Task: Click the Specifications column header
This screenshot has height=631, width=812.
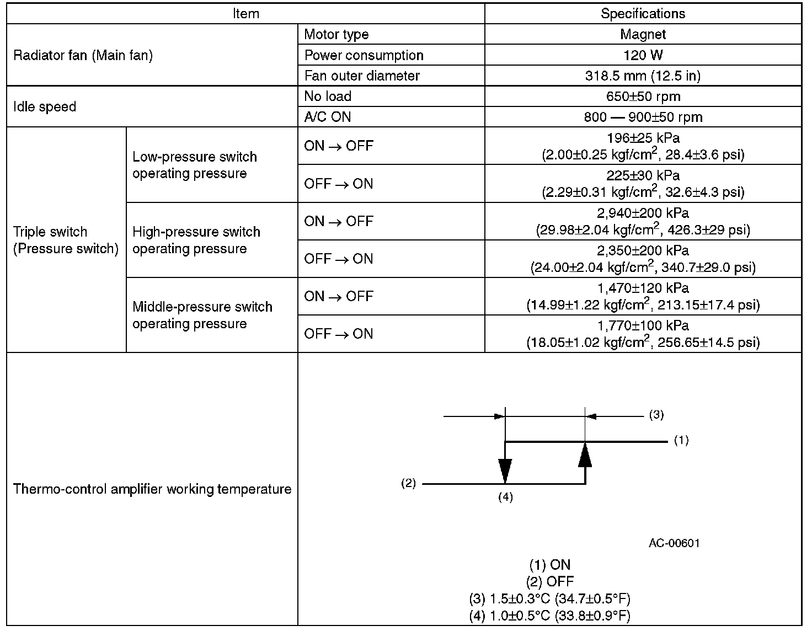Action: (643, 14)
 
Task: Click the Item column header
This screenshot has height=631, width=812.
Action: (245, 14)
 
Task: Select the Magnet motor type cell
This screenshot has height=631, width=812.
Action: (643, 34)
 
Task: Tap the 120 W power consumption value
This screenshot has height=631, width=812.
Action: (643, 55)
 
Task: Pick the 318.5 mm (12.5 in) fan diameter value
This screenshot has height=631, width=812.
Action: (643, 76)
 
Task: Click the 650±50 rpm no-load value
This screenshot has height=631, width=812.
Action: (643, 97)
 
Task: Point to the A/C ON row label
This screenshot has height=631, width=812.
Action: (328, 117)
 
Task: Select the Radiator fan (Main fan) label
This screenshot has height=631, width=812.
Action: (83, 55)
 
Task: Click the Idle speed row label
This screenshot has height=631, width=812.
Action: (45, 106)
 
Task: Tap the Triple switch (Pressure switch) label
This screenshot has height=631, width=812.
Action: (66, 240)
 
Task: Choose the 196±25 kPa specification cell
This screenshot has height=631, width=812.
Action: (643, 146)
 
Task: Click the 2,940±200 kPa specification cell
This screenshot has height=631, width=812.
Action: (643, 221)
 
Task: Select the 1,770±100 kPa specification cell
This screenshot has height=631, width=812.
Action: (643, 334)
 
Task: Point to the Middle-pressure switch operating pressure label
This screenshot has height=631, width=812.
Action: (202, 315)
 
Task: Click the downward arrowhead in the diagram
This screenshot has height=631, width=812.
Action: (505, 471)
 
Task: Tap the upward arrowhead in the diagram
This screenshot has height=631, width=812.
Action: (585, 455)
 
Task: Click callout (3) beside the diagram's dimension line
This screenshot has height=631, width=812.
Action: (656, 415)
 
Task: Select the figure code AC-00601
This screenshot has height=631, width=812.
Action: (674, 543)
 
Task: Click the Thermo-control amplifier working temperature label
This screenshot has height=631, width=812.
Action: (152, 489)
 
